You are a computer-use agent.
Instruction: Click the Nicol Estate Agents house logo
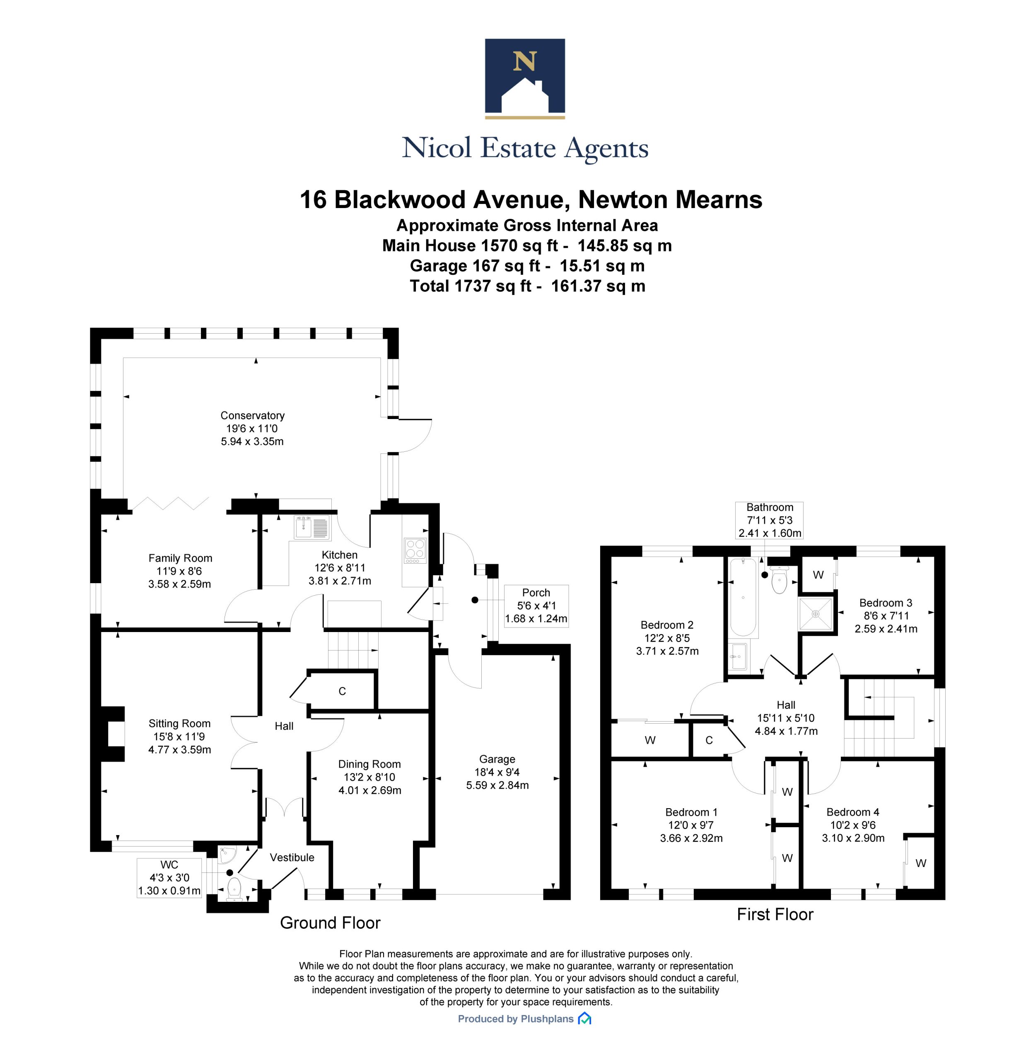point(524,78)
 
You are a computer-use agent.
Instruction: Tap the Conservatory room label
point(252,415)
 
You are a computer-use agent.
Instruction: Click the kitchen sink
point(312,527)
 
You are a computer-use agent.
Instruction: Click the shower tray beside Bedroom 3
point(815,614)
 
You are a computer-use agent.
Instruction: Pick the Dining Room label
point(369,764)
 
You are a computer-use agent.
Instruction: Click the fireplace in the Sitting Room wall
point(113,734)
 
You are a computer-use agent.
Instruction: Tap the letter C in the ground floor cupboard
point(342,691)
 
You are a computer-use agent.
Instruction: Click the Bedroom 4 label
point(853,812)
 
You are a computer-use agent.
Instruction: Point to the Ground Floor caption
point(330,923)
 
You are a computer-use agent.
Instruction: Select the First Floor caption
point(775,914)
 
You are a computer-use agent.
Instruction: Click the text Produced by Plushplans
point(516,1019)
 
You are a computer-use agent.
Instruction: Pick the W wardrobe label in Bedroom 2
point(650,740)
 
